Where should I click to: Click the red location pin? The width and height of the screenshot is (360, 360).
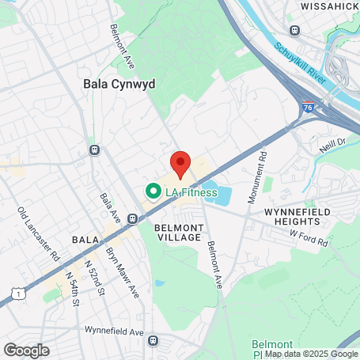tap(180, 164)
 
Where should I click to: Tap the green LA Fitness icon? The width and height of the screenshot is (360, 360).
tap(150, 191)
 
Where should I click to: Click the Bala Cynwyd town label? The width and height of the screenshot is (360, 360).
tap(119, 82)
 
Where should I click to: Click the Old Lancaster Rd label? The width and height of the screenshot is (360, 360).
tap(39, 234)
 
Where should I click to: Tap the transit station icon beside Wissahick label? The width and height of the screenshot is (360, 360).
tap(294, 30)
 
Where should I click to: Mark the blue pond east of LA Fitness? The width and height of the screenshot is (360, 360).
tap(222, 193)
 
